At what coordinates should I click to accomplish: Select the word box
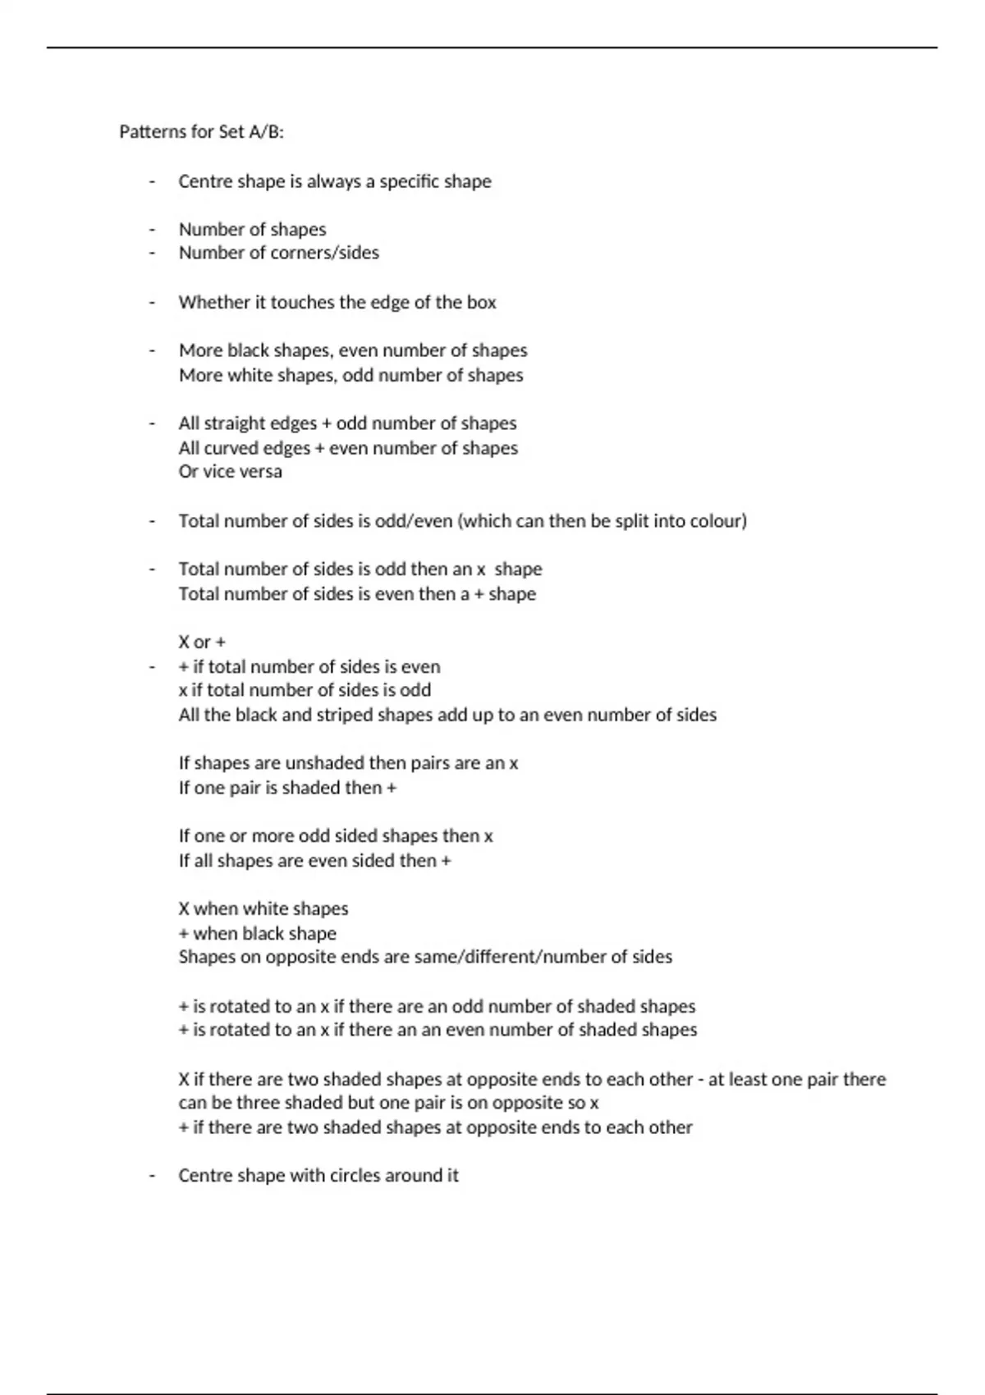click(x=482, y=302)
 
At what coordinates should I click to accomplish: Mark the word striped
click(x=314, y=715)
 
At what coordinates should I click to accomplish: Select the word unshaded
click(x=323, y=763)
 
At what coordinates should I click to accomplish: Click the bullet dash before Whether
click(x=152, y=302)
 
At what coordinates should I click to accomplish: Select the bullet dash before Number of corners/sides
click(x=152, y=253)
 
